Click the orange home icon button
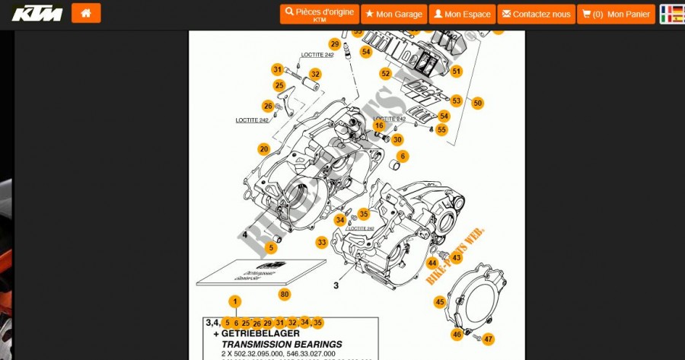click(x=86, y=13)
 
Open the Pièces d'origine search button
click(x=320, y=14)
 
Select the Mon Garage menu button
click(x=393, y=14)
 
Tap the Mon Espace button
click(x=462, y=14)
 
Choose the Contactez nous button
click(x=535, y=14)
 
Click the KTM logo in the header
click(x=37, y=13)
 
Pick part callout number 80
click(x=285, y=294)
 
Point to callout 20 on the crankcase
click(x=263, y=149)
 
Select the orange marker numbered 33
click(x=322, y=243)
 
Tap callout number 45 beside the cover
click(x=440, y=302)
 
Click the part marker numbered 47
click(x=488, y=339)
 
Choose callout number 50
click(x=477, y=103)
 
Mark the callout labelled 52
click(x=386, y=74)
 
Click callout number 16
click(x=378, y=126)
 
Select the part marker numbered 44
click(x=432, y=263)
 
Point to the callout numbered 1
click(x=236, y=301)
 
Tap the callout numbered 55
click(x=441, y=130)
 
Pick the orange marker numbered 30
click(x=397, y=139)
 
